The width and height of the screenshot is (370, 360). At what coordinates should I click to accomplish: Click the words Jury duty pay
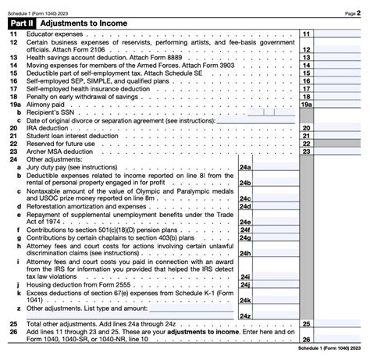(54, 166)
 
